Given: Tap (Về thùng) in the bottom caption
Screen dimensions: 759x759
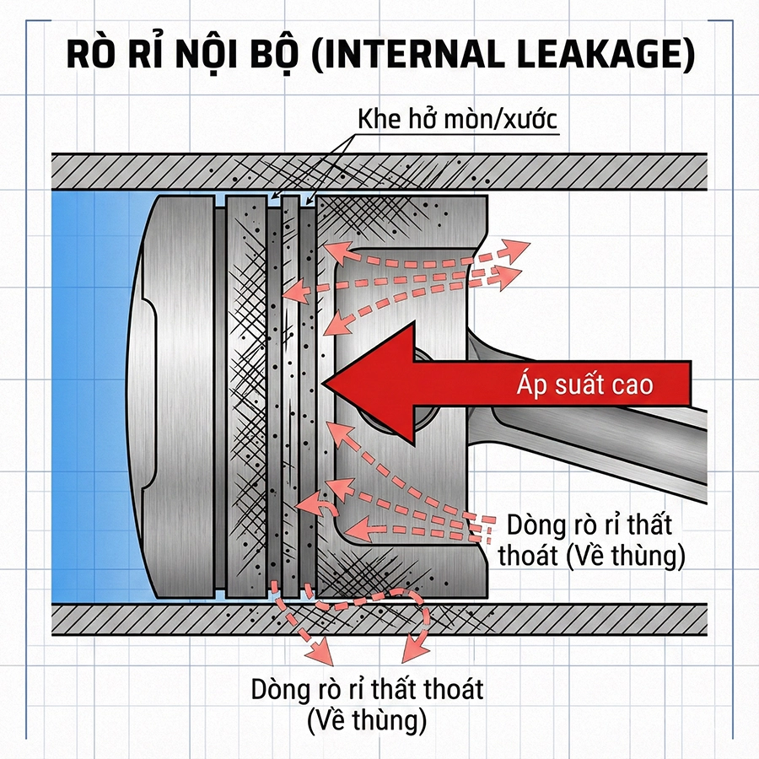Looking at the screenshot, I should (x=368, y=720).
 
